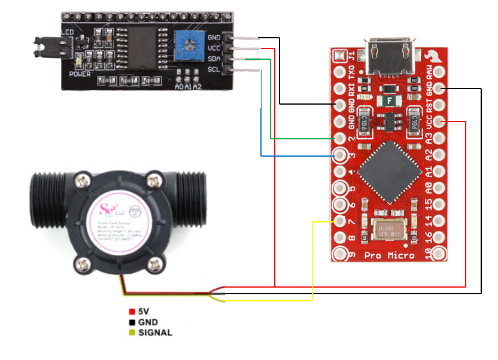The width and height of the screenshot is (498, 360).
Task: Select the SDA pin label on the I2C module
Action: point(214,59)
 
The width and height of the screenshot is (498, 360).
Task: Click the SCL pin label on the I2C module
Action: point(214,71)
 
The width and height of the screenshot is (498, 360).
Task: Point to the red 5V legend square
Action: point(132,312)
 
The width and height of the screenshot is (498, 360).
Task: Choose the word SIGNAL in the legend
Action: point(155,332)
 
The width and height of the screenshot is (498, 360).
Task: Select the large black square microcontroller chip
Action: point(389,173)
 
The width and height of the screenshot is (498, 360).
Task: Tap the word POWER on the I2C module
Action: point(80,74)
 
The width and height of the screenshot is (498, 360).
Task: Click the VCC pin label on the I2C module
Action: point(214,48)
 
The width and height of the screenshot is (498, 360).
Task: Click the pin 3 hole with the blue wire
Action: point(341,156)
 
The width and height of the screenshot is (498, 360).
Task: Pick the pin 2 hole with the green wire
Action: point(341,139)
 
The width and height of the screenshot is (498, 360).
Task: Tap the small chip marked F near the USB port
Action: point(390,100)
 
